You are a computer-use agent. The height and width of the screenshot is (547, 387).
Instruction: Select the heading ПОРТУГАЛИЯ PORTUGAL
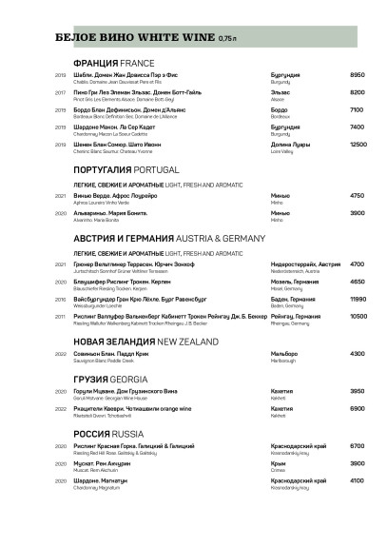(x=126, y=169)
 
